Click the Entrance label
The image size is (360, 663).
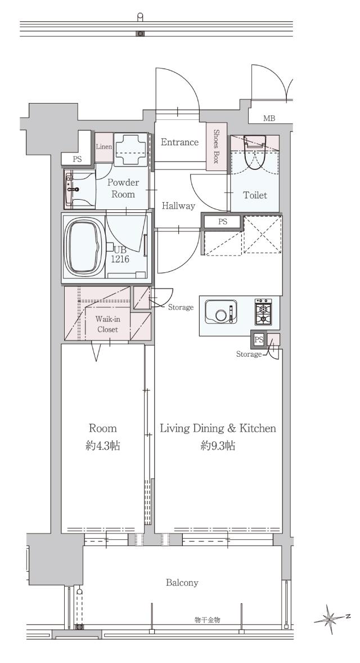pyautogui.click(x=179, y=142)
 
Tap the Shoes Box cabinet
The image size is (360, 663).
pyautogui.click(x=217, y=146)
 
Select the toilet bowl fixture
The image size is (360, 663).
pyautogui.click(x=255, y=152)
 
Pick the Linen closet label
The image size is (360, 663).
pyautogui.click(x=103, y=147)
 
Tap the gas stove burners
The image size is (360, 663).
pyautogui.click(x=263, y=312)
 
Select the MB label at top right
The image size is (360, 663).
pyautogui.click(x=269, y=118)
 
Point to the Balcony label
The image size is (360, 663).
pyautogui.click(x=182, y=583)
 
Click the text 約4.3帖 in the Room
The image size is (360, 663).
pyautogui.click(x=103, y=445)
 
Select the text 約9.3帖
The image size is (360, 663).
pyautogui.click(x=218, y=445)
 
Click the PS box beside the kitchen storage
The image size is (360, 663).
pyautogui.click(x=259, y=339)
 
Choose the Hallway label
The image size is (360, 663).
pyautogui.click(x=179, y=206)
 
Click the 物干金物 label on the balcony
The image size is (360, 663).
pyautogui.click(x=208, y=620)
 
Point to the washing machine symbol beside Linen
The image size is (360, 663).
pyautogui.click(x=130, y=150)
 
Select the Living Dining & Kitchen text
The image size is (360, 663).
pyautogui.click(x=218, y=428)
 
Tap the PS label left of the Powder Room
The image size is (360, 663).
pyautogui.click(x=76, y=159)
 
